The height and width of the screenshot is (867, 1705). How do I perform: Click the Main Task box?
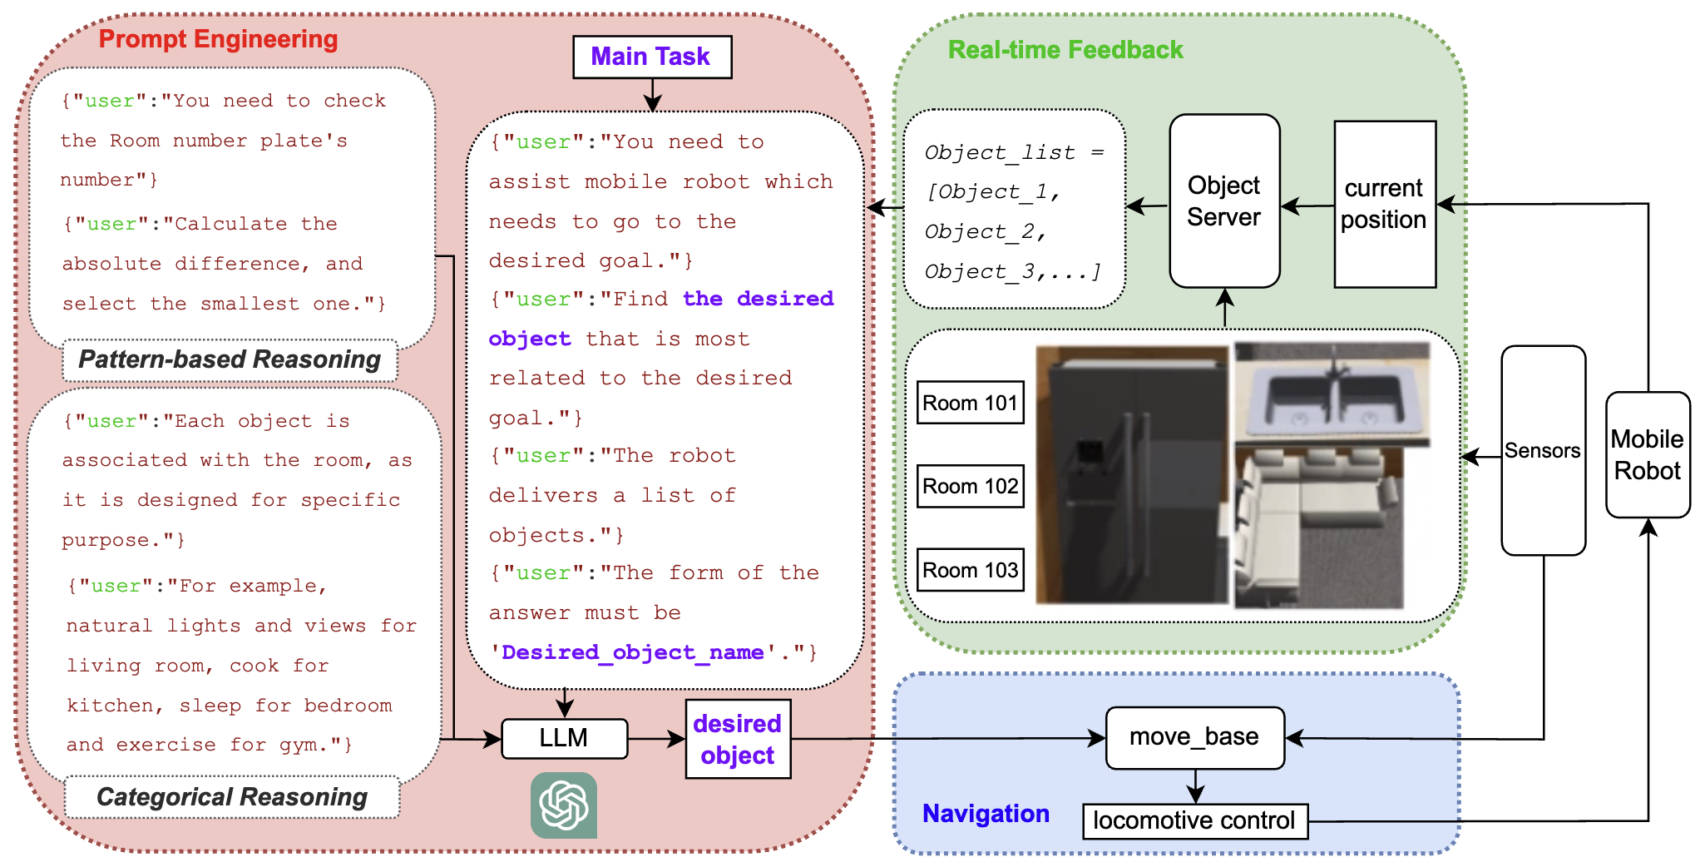652,57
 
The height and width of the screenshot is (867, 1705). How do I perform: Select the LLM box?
564,738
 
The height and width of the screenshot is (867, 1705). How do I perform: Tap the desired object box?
737,739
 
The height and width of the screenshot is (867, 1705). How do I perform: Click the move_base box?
1194,737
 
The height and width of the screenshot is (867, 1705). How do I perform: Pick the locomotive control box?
1194,820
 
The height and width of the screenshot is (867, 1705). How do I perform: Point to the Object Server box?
1223,201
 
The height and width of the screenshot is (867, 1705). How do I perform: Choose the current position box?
1384,204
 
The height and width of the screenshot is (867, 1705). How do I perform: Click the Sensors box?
1543,450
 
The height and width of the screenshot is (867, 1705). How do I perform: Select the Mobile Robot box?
1647,454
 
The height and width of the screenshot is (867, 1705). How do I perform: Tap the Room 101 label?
970,403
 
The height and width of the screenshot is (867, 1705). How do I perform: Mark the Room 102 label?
970,486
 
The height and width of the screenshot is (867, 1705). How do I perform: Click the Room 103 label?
970,570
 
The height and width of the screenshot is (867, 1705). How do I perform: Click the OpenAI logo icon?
564,805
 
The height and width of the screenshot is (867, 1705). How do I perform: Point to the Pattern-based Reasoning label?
230,359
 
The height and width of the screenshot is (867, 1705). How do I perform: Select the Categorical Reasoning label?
232,797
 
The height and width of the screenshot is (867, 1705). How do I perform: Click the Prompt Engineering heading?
218,39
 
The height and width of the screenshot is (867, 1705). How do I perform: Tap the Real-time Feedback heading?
1065,50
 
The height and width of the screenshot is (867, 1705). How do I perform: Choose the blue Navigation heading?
986,813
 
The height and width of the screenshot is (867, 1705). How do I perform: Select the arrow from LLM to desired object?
656,738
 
